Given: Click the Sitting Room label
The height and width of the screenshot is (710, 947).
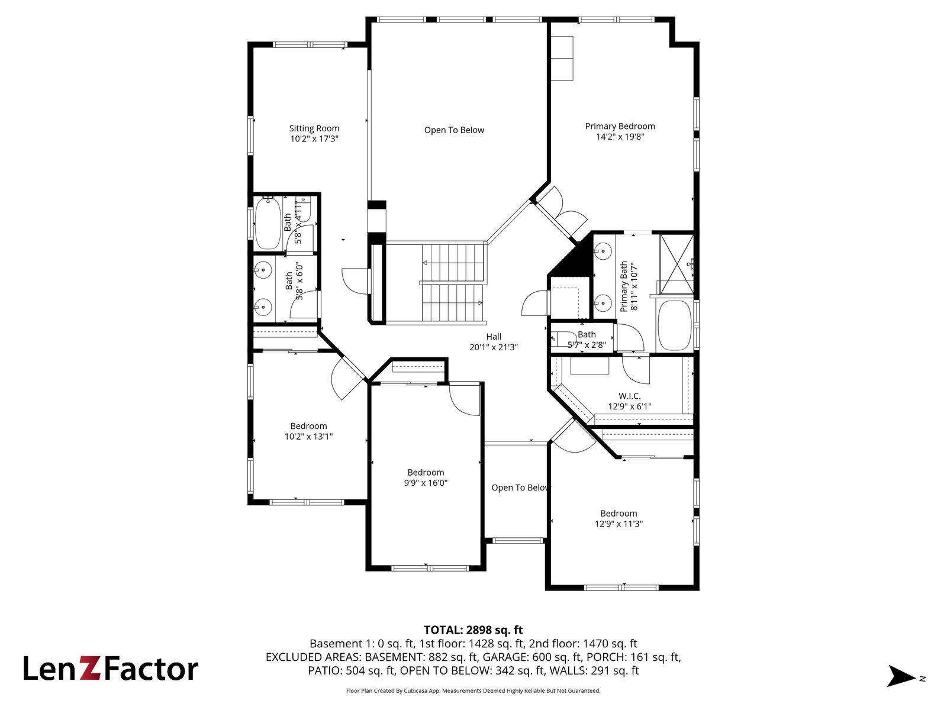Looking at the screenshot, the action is pos(314,128).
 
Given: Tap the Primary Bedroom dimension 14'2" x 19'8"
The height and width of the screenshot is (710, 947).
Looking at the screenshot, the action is pos(620,137).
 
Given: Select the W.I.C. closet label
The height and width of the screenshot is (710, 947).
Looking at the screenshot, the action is pos(630,396).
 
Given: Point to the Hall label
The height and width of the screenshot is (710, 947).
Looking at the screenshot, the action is pos(494,337).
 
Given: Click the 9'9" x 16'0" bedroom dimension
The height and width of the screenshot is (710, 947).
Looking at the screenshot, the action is pos(426,483).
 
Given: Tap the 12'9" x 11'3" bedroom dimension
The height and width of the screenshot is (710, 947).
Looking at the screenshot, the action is pos(619,524).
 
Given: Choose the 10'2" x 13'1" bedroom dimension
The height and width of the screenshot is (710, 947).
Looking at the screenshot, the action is pos(308,436).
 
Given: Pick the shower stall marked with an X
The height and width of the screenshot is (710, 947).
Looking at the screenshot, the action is pos(677,264).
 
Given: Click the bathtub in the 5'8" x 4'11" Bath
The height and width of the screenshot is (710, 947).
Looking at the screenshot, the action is pos(268,223).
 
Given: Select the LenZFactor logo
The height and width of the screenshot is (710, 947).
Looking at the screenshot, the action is pos(111,669).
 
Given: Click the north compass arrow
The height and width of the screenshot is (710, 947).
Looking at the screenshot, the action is pos(901,676).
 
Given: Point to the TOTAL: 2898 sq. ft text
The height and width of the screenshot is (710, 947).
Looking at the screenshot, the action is pos(474,630).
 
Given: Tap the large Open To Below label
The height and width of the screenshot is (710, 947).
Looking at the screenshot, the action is pos(454,130).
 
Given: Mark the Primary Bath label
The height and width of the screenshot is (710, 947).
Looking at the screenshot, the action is pos(623,286).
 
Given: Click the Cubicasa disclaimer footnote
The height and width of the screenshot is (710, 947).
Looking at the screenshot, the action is pos(474,690).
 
